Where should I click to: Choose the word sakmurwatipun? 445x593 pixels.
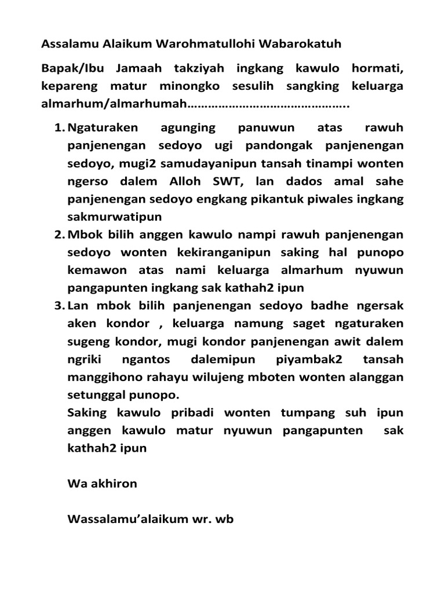point(115,217)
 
